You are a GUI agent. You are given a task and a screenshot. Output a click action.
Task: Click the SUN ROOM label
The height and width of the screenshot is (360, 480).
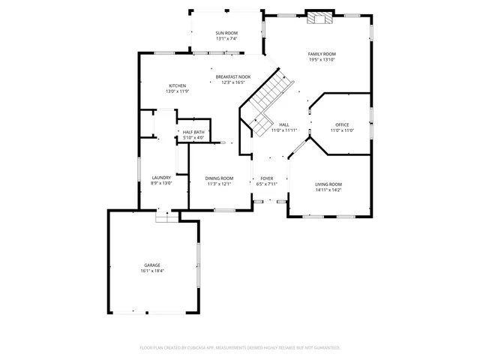tap(226, 34)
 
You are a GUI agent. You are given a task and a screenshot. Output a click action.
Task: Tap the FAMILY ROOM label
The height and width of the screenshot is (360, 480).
tap(322, 54)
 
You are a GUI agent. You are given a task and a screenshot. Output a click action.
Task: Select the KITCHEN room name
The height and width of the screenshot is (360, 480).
tap(177, 86)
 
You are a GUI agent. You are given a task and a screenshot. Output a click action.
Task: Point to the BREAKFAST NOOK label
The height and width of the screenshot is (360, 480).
tap(233, 77)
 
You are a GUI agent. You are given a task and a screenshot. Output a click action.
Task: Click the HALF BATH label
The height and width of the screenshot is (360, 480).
tap(193, 132)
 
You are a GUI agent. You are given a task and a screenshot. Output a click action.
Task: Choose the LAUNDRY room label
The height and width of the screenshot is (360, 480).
tap(161, 178)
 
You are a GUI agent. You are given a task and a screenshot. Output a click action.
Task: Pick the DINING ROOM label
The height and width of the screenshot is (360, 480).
tap(219, 178)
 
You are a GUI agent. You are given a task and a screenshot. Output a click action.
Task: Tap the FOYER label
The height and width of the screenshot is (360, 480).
tap(266, 178)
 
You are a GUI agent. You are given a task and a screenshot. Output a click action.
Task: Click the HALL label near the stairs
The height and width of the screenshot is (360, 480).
tap(284, 124)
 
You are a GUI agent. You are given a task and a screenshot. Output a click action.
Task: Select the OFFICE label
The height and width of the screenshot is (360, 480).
tap(342, 124)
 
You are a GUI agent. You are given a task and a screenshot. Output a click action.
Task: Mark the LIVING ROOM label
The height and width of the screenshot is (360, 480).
tap(328, 184)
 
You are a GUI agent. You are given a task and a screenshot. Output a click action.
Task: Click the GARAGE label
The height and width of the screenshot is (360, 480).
tap(152, 265)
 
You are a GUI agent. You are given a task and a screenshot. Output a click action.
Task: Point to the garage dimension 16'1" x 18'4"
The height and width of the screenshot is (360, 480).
tap(152, 271)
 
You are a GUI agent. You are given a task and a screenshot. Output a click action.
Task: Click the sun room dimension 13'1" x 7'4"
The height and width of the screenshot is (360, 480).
tap(226, 39)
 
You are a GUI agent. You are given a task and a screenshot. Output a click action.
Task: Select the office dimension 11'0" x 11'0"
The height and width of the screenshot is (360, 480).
tap(342, 130)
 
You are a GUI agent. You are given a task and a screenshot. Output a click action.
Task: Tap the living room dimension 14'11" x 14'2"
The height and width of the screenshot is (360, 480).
tap(328, 190)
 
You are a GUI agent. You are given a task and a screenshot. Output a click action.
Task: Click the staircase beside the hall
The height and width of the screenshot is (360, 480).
tap(266, 97)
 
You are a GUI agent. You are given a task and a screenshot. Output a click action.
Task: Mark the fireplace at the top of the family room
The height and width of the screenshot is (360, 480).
tap(318, 19)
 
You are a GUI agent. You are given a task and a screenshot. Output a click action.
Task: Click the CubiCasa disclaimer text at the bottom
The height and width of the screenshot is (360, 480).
tap(240, 348)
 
